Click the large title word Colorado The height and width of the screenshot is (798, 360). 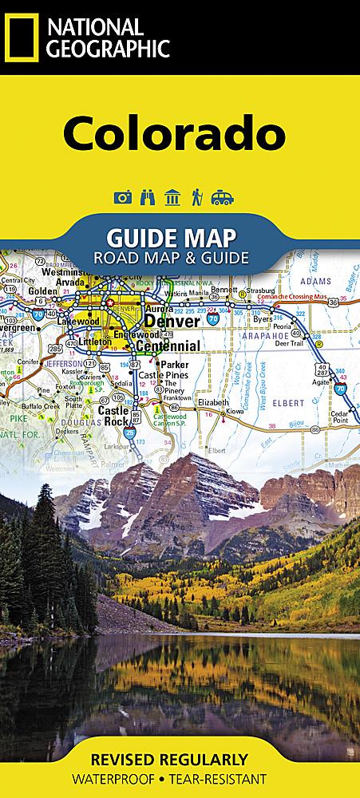click(x=175, y=132)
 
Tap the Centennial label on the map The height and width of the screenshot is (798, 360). click(x=167, y=346)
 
